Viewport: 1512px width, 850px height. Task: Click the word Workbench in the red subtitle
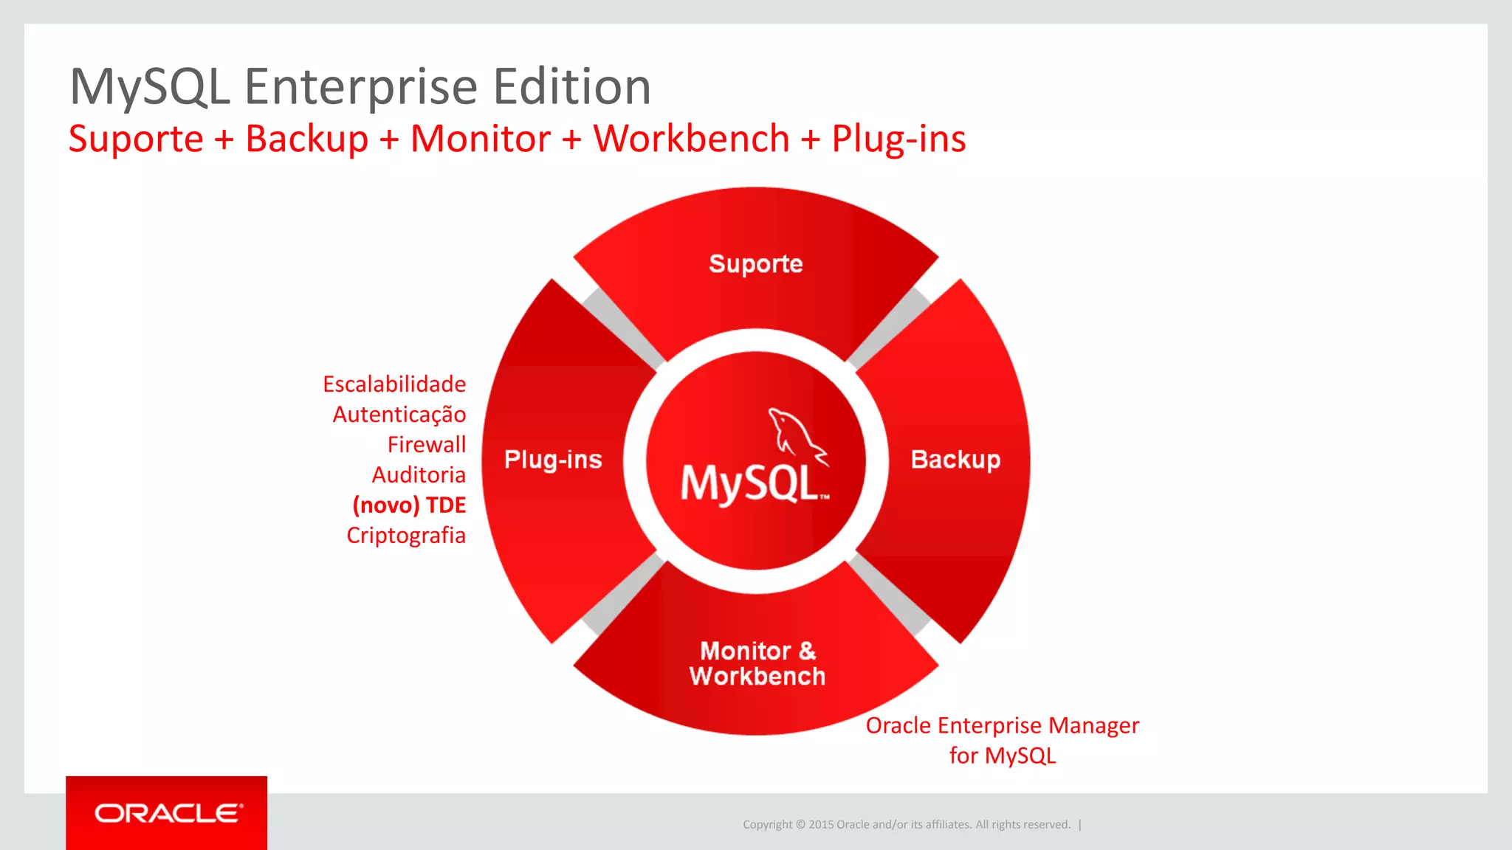coord(691,139)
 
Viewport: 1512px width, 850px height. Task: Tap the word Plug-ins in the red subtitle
coord(898,139)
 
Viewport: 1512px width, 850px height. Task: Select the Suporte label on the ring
coord(755,263)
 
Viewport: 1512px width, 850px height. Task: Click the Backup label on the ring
coord(955,459)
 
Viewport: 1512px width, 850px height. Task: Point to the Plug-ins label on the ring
coord(553,459)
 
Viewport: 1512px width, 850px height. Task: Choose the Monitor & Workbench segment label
coord(757,663)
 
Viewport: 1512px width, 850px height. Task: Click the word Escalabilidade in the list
coord(394,384)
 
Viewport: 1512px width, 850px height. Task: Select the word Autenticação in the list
coord(399,414)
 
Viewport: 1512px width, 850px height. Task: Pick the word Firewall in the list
coord(427,444)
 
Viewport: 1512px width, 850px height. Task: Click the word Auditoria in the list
coord(419,474)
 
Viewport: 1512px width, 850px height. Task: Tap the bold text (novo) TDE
coord(409,505)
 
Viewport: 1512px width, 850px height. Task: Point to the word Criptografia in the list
coord(406,535)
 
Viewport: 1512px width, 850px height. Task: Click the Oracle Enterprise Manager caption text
coord(1002,726)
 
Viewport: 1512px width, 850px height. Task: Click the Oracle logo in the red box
coord(168,813)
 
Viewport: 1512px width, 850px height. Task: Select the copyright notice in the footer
coord(906,824)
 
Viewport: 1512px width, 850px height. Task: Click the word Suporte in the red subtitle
coord(136,139)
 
